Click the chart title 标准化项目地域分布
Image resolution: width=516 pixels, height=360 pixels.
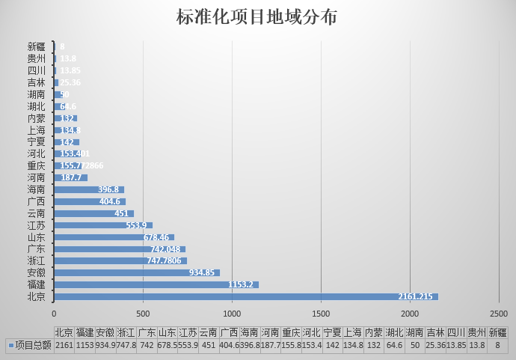(257, 17)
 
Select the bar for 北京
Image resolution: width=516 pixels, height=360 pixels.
(246, 296)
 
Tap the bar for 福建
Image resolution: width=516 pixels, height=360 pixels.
(156, 284)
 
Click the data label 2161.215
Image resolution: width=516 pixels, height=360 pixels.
(415, 297)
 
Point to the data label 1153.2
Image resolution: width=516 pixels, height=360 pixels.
(242, 285)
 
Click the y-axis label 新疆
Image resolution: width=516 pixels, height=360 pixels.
(36, 46)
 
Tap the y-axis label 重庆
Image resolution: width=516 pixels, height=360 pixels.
(36, 165)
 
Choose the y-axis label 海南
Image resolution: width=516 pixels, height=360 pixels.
(36, 189)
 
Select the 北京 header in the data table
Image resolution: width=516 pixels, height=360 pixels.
(64, 332)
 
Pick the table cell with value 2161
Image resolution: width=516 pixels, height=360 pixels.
(64, 345)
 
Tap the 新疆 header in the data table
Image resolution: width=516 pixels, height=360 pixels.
(497, 332)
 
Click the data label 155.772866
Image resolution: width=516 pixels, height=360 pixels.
(82, 165)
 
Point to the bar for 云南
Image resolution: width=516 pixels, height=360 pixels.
(94, 213)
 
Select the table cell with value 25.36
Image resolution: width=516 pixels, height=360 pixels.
(435, 345)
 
